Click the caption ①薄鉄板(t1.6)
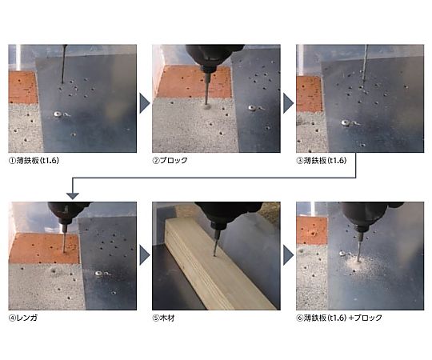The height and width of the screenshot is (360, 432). [x=34, y=160]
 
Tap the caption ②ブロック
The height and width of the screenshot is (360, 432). [x=170, y=160]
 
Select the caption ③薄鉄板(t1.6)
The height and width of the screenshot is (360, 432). [x=322, y=160]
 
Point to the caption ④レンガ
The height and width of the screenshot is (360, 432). [x=23, y=318]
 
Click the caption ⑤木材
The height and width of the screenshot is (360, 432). [x=163, y=318]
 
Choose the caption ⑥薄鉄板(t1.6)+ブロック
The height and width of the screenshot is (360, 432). [x=339, y=318]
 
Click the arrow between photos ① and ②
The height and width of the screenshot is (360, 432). [x=145, y=103]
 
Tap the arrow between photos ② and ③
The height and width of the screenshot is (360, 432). [x=289, y=103]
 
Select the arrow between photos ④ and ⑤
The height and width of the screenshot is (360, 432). [x=145, y=255]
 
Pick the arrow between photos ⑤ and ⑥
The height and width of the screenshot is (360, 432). [x=289, y=255]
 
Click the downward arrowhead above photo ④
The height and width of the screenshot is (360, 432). [x=73, y=195]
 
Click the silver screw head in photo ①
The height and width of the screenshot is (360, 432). [x=58, y=114]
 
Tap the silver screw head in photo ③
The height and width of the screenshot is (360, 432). [x=346, y=123]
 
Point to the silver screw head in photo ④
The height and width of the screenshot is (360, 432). [x=98, y=274]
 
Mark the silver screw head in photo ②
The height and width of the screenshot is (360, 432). [x=251, y=108]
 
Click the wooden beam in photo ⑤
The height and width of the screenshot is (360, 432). [x=218, y=265]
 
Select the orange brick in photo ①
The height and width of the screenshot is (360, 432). [x=23, y=87]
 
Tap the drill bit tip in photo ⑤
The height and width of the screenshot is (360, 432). [x=214, y=256]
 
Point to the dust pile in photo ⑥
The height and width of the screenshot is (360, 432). [x=357, y=265]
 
